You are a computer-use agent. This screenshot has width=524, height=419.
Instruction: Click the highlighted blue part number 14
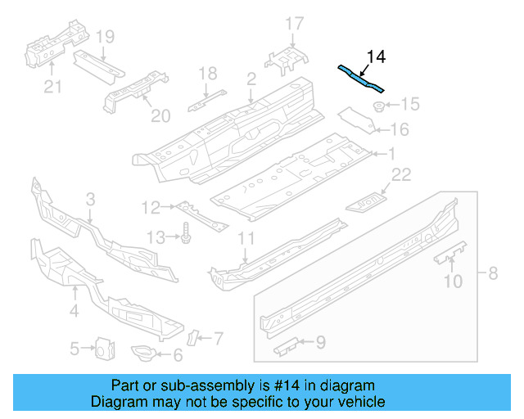[360, 78]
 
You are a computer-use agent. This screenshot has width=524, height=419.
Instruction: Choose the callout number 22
[400, 174]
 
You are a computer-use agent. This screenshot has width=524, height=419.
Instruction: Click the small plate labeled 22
[368, 200]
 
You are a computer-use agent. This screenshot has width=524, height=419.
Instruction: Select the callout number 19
[104, 36]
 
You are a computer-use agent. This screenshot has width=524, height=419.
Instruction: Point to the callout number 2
[251, 79]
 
